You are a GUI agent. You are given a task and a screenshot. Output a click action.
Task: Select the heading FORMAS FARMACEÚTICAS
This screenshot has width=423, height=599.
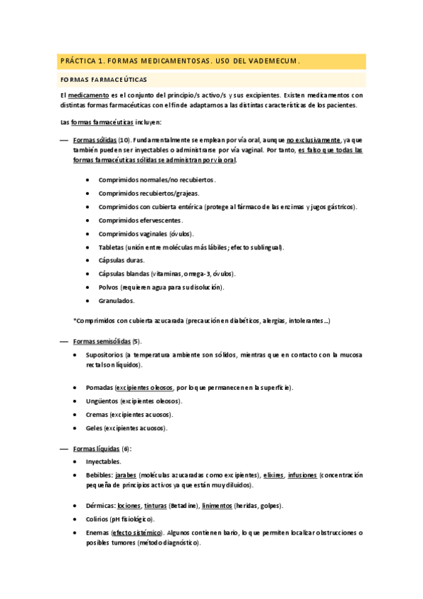[x=104, y=80]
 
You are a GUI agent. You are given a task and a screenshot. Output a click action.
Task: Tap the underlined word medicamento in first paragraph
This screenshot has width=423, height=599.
[x=88, y=95]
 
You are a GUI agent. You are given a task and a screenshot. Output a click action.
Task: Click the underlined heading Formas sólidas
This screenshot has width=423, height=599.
[x=95, y=140]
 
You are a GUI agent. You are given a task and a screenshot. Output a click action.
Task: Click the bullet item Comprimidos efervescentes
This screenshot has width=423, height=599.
[x=141, y=220]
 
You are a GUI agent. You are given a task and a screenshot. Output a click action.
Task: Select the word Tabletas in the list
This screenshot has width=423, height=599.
[x=111, y=247]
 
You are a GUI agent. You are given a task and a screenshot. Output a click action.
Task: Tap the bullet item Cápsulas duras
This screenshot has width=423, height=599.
[x=121, y=260]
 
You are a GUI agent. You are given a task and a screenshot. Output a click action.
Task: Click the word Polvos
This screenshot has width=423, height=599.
[x=109, y=287]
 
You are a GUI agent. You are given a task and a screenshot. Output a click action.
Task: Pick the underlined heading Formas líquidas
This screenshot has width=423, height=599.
[x=97, y=449]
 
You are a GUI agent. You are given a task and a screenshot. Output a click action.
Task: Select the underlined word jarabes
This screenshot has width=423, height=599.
[x=126, y=475]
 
